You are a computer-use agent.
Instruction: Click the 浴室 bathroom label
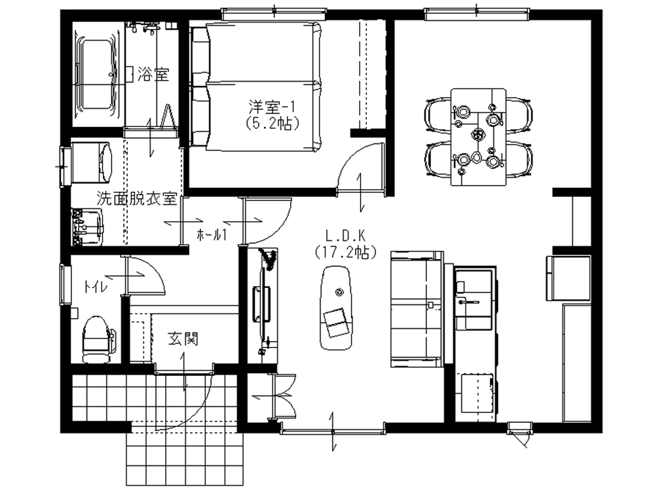tap(153, 75)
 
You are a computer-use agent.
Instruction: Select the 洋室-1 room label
tap(272, 107)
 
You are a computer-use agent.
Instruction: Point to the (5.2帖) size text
tap(272, 123)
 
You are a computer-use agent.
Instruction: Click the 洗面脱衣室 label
tap(137, 199)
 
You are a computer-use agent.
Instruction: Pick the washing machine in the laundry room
tap(92, 162)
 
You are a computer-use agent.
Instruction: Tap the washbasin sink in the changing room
tap(88, 227)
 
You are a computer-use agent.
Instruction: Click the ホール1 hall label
tap(212, 236)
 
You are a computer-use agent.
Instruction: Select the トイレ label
tap(96, 287)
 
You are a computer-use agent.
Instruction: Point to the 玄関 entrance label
tap(183, 338)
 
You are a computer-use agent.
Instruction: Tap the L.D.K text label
tap(345, 236)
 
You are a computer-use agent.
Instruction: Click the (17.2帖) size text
tap(346, 252)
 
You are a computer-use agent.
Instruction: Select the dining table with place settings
tap(479, 137)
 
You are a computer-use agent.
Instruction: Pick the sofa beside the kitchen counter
tap(417, 309)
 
